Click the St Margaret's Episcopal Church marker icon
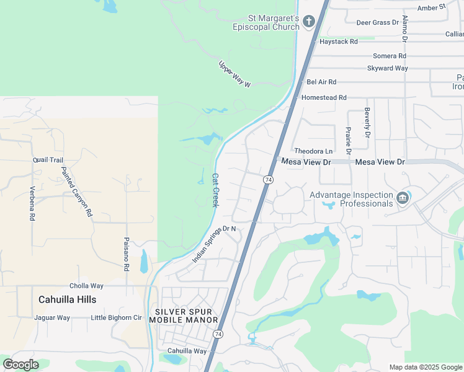click(309, 22)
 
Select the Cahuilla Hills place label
click(67, 299)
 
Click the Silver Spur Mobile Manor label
click(187, 316)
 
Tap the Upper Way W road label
click(234, 74)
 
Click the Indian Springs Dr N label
click(215, 243)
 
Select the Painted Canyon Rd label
click(76, 191)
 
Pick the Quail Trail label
click(48, 160)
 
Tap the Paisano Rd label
click(126, 254)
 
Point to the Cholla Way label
click(86, 286)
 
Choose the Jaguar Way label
click(52, 318)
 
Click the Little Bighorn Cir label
click(117, 318)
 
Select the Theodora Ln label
click(313, 151)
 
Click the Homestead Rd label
click(324, 98)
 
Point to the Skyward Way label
click(388, 68)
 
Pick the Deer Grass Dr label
click(377, 23)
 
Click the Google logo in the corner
click(20, 365)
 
